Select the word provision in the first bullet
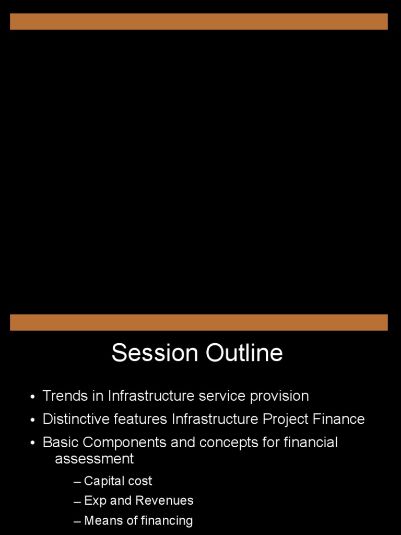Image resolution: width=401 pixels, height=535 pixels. tap(279, 396)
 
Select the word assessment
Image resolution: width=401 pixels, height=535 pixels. tap(95, 459)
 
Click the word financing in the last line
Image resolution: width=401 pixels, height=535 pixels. tap(167, 521)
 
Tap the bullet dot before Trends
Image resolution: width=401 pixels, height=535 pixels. tap(33, 397)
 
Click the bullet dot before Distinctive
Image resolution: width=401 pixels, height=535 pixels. tap(33, 420)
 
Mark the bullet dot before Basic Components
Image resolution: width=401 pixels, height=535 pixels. tap(33, 444)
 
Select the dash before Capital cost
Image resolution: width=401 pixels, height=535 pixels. tap(78, 482)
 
